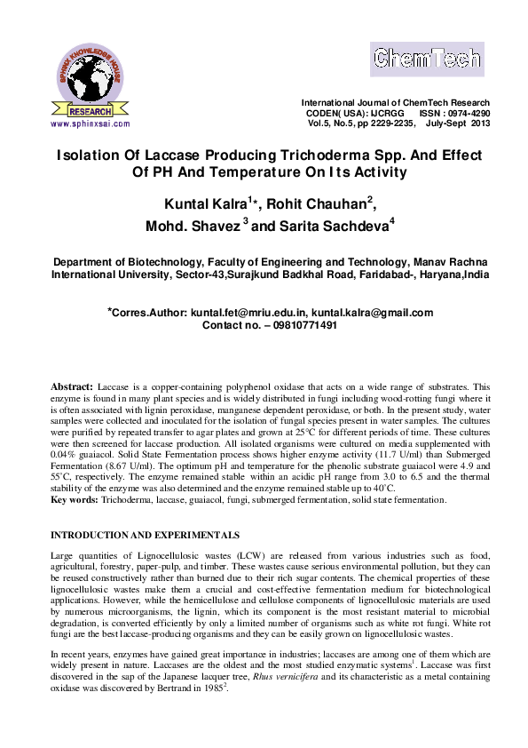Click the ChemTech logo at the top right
tap(428, 60)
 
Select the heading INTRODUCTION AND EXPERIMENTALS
tap(145, 536)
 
